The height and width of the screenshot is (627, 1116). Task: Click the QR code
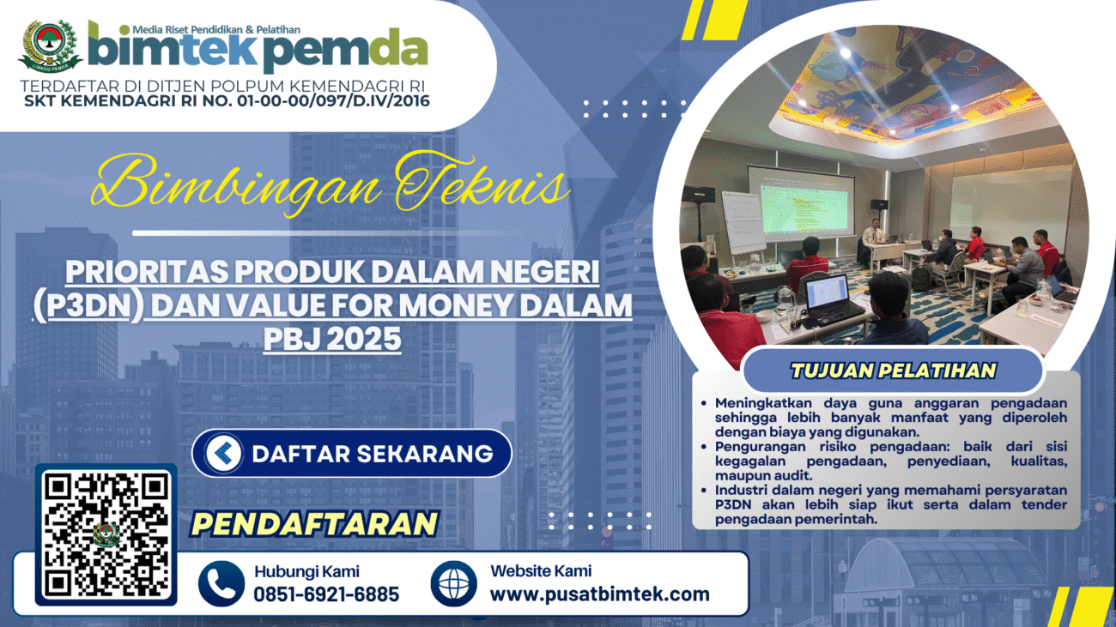point(106,534)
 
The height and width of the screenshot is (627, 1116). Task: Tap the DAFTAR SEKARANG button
point(352,454)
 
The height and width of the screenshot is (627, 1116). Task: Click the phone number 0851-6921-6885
point(326,594)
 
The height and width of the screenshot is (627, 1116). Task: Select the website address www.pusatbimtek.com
point(600,594)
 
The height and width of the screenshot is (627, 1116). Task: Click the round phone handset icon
point(221,584)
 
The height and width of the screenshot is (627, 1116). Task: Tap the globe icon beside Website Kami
point(454,584)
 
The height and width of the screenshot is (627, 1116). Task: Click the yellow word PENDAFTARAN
point(314,524)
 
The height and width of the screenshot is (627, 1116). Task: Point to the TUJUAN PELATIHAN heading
point(893,371)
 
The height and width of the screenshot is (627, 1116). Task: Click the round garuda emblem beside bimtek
point(50,45)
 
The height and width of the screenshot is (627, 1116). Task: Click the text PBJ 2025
point(332,339)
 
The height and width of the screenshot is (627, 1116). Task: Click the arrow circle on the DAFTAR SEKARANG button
point(223,454)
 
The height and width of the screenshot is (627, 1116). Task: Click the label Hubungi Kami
point(307,571)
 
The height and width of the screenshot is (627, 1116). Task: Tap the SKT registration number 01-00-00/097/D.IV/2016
point(333,101)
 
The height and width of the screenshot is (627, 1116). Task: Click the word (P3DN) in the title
point(88,305)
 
